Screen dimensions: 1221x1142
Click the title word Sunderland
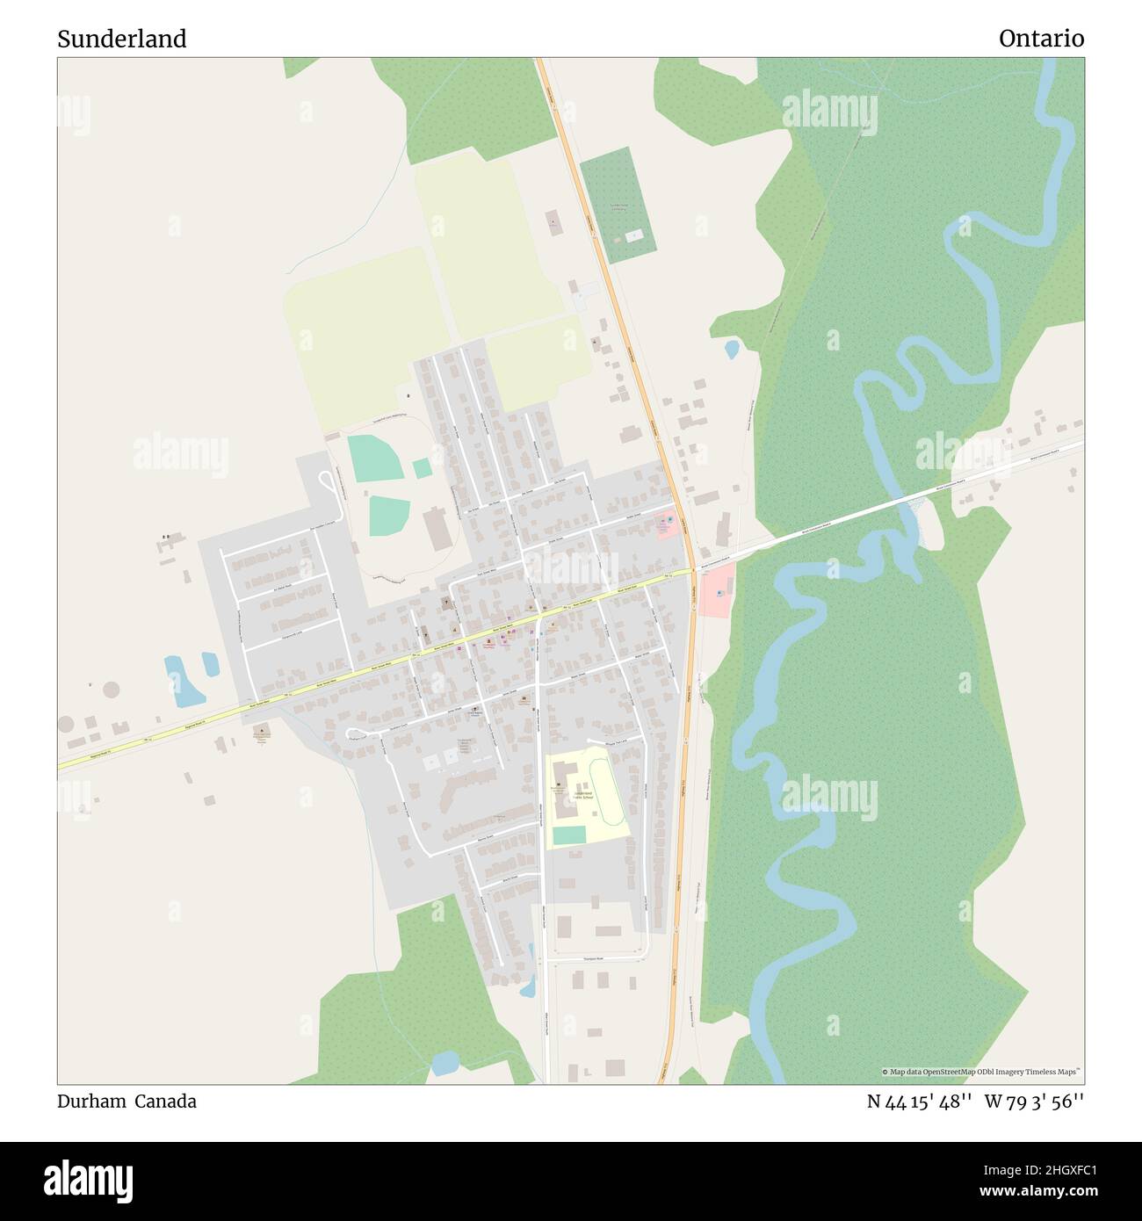click(x=122, y=39)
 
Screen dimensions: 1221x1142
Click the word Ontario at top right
click(x=1041, y=39)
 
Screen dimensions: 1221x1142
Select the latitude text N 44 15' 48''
click(x=919, y=1102)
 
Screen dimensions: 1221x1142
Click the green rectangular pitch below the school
click(x=568, y=834)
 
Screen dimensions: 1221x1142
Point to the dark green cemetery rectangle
click(x=618, y=205)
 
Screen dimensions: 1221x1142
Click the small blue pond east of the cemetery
click(x=731, y=350)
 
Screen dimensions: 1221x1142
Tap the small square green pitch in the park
click(x=423, y=468)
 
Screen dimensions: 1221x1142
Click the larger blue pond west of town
click(x=184, y=681)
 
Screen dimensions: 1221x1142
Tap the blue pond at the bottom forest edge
click(x=445, y=1064)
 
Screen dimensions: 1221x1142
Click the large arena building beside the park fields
click(x=437, y=528)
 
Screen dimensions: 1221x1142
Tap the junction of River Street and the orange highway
click(x=693, y=571)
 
